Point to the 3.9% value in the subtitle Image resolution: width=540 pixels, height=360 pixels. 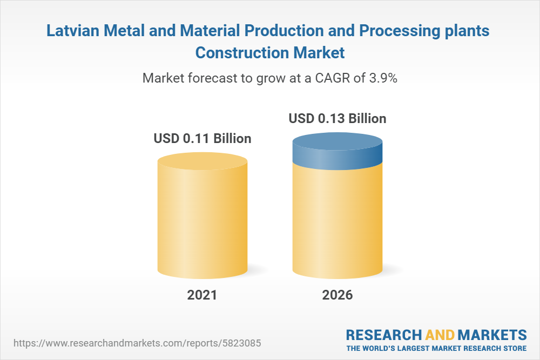tap(382, 78)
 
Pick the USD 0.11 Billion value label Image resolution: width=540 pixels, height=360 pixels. tap(202, 139)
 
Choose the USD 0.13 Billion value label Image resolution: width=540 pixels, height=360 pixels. tap(337, 118)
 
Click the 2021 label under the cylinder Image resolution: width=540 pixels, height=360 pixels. tap(202, 295)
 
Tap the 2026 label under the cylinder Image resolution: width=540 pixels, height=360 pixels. tap(337, 295)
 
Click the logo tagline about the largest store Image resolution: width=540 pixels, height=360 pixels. tap(436, 348)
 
